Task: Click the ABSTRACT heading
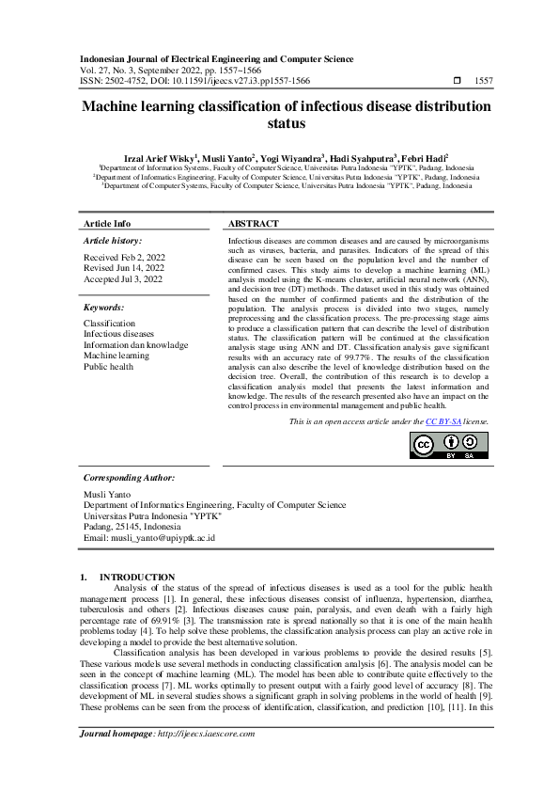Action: pos(254,224)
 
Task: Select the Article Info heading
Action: pos(107,224)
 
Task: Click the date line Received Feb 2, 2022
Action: pos(124,257)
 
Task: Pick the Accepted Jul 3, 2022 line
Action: pos(123,279)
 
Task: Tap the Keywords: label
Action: pos(104,308)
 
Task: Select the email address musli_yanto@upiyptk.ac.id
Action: pos(149,538)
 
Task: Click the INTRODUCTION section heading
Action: pos(137,577)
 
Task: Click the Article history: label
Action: pos(112,242)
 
